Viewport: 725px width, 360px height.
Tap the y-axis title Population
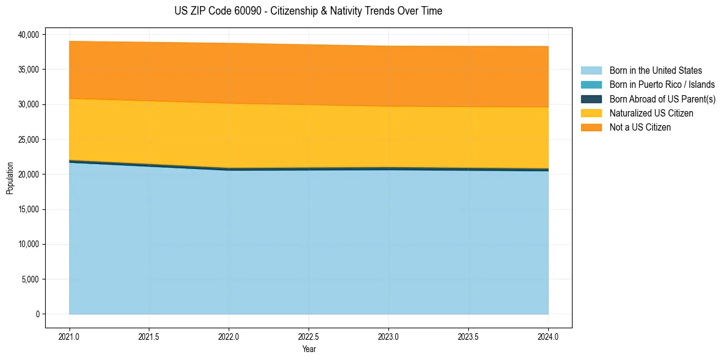click(10, 178)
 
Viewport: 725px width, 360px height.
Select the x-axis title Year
click(309, 349)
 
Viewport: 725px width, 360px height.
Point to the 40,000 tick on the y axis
click(29, 35)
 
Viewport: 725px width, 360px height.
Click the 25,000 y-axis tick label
click(29, 140)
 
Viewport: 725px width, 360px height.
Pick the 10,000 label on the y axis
click(29, 245)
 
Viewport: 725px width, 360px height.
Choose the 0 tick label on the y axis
click(37, 314)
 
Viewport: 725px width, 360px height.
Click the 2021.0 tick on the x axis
click(70, 336)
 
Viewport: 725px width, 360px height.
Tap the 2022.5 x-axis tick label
click(309, 336)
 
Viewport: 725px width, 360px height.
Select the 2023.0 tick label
click(389, 336)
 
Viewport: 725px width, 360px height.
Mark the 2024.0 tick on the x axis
click(548, 336)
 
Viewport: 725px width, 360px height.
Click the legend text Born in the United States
click(655, 71)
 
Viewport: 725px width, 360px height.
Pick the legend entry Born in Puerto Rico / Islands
click(662, 85)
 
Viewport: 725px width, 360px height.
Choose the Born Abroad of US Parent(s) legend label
click(662, 99)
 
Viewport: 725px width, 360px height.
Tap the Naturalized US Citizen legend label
click(651, 113)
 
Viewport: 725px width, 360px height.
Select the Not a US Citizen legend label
click(640, 128)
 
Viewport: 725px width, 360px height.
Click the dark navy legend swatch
click(591, 99)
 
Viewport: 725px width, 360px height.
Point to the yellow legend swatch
click(591, 113)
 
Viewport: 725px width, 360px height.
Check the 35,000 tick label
click(29, 70)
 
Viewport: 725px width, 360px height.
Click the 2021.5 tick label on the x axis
click(149, 336)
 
